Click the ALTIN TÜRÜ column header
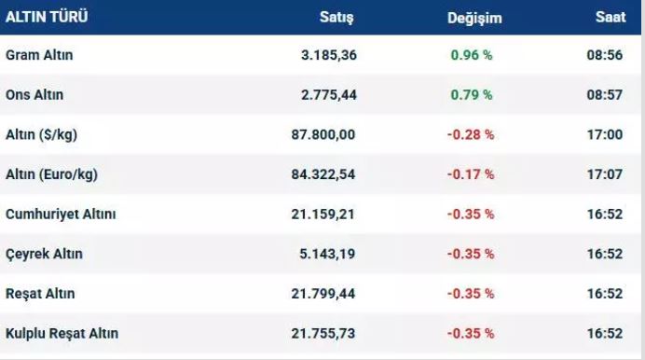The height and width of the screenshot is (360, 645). (x=47, y=17)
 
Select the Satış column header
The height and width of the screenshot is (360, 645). (x=336, y=18)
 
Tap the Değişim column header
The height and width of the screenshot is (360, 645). (x=474, y=19)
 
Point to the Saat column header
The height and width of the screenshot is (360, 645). (x=611, y=17)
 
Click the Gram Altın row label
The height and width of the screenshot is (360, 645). (x=39, y=55)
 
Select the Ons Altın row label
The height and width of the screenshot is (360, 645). (x=34, y=94)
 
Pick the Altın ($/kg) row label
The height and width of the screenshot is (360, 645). (x=41, y=134)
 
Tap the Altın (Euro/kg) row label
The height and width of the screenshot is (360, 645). (x=51, y=174)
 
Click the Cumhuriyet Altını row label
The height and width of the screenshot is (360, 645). (x=61, y=214)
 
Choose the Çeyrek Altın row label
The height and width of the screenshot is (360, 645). (x=44, y=254)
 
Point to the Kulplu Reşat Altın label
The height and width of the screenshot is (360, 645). (x=62, y=333)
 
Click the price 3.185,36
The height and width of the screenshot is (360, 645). (x=329, y=55)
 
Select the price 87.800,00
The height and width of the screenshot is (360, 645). (x=322, y=134)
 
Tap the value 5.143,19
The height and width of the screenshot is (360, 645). (x=327, y=254)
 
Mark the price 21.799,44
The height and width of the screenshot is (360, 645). (x=322, y=294)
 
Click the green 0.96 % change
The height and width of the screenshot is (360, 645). (x=472, y=55)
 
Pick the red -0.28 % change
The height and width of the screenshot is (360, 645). (x=471, y=134)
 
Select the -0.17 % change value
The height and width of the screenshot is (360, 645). (x=471, y=174)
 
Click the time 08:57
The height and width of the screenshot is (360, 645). (x=605, y=94)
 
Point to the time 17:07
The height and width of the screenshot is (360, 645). (x=605, y=174)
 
